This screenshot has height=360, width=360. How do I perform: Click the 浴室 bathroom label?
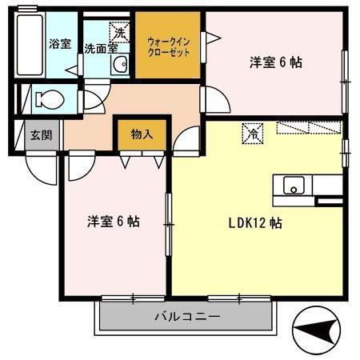tap(59, 43)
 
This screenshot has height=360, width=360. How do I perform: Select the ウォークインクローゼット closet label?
tap(167, 45)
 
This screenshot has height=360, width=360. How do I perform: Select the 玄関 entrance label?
tap(42, 135)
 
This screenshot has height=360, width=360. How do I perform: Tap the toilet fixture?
tap(50, 101)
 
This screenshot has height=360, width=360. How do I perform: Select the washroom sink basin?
tap(118, 65)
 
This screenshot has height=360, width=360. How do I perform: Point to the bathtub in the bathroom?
tap(30, 43)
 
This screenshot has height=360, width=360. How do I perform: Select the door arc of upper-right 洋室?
tap(215, 100)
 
